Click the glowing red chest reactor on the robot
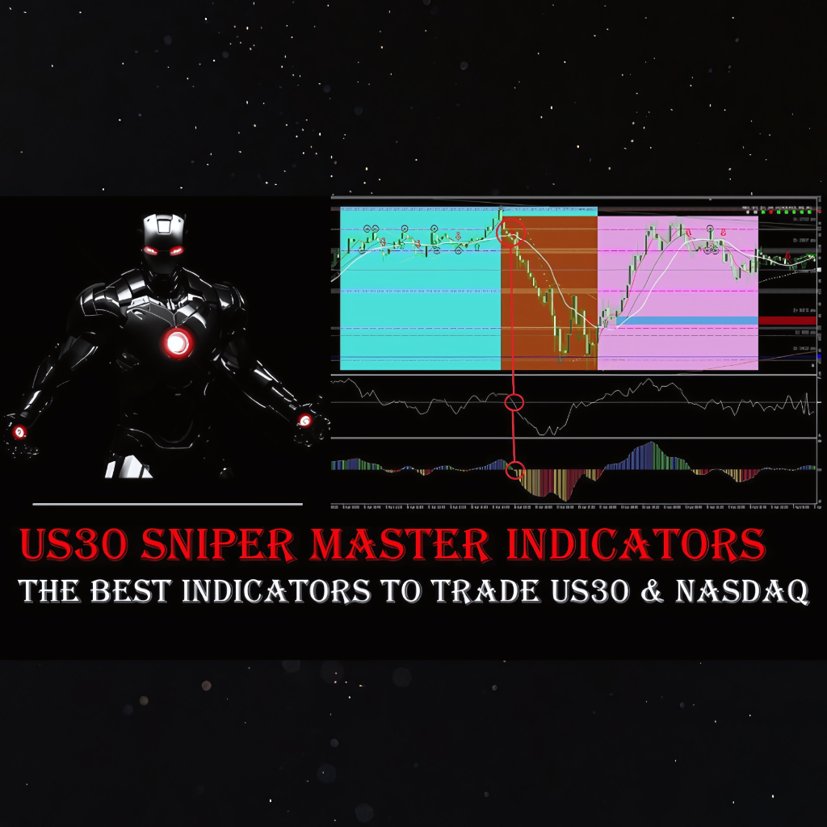[178, 343]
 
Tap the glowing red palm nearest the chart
[304, 420]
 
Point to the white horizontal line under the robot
[168, 504]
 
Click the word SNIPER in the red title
[217, 546]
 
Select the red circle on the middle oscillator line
[514, 402]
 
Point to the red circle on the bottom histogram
[515, 469]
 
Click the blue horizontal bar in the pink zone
[686, 321]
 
